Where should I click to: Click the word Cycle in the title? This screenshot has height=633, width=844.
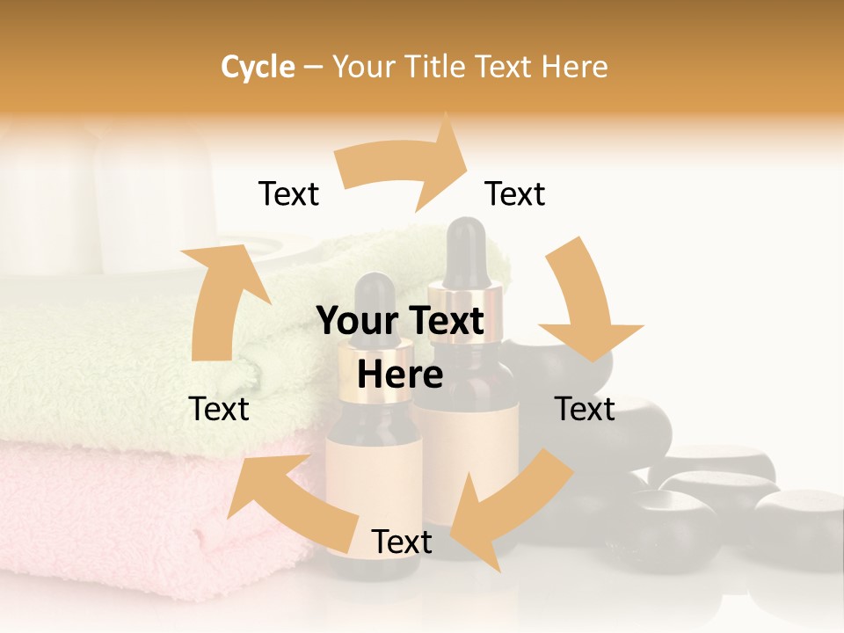point(258,67)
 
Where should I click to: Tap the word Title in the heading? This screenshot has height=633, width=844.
point(440,67)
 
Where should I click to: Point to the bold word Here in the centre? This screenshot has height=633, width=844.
point(400,375)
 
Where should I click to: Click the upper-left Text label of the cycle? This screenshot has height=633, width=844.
point(288,193)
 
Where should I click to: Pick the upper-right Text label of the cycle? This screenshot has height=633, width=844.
point(515,193)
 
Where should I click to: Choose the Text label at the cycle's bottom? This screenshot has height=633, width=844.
point(402,542)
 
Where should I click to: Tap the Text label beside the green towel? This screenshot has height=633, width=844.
point(219,409)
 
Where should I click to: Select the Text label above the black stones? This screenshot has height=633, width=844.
point(585,409)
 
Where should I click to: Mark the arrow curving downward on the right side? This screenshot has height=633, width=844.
point(585,303)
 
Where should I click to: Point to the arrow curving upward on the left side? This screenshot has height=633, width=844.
point(220,299)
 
